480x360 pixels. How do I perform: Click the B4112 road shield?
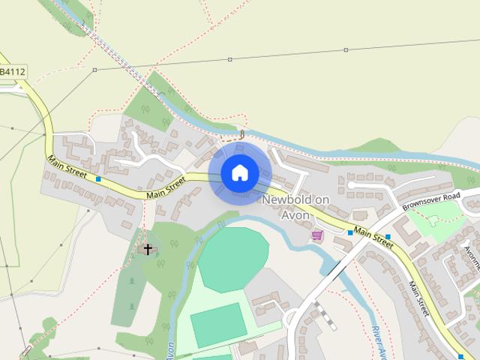(x=12, y=72)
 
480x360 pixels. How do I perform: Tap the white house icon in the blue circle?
(x=240, y=173)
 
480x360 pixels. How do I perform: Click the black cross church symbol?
(x=148, y=249)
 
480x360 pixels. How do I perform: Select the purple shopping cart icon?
(x=317, y=235)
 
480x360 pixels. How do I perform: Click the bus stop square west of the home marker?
(x=98, y=178)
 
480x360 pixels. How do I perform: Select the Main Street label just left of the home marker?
(x=166, y=187)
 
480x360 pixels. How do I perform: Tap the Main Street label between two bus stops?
(x=373, y=238)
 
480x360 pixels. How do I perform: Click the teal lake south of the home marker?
(x=232, y=259)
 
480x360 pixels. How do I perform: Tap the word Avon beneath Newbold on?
(x=295, y=214)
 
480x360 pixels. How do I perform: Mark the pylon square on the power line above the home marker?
(x=230, y=59)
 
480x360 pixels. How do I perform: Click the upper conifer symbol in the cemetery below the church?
(x=132, y=282)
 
